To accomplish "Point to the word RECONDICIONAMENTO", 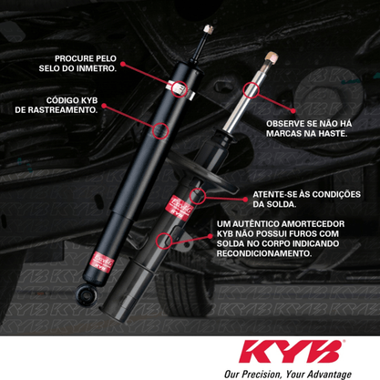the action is tap(264, 253).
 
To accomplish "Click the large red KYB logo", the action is tap(291, 352).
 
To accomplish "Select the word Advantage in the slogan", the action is tap(333, 375).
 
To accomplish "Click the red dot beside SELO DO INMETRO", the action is tap(123, 64).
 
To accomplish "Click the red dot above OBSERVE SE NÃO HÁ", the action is tap(293, 111).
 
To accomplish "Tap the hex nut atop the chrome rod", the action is tap(271, 57).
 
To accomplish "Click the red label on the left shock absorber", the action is tap(100, 262).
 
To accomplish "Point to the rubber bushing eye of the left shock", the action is tap(86, 293).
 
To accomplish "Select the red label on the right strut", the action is tap(180, 206).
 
